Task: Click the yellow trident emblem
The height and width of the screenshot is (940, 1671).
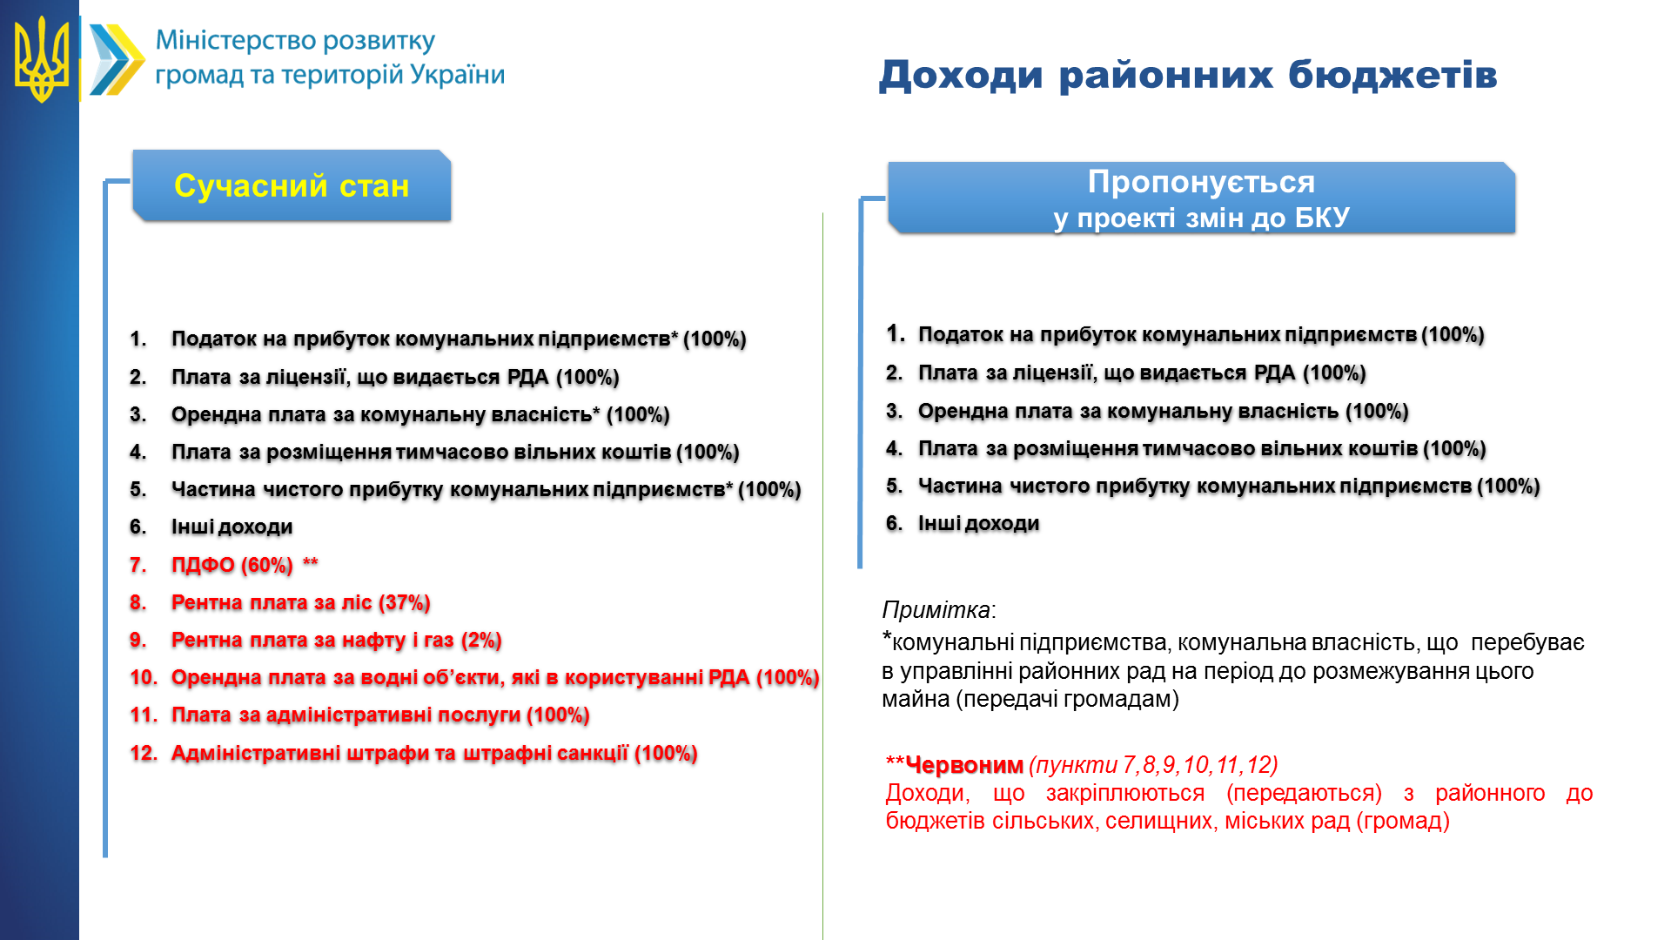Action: click(41, 59)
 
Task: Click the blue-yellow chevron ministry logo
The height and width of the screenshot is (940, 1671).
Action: click(117, 59)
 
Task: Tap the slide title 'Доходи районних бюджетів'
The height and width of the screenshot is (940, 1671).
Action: click(1188, 75)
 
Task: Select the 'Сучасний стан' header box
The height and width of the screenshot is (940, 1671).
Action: click(292, 185)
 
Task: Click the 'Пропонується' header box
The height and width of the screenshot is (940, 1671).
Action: click(1201, 198)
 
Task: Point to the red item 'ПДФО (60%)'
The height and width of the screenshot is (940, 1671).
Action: click(232, 565)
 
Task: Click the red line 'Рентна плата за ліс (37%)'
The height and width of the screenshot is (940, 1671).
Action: click(300, 602)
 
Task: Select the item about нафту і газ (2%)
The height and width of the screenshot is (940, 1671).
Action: click(336, 640)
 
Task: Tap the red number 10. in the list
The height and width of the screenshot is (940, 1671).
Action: click(144, 677)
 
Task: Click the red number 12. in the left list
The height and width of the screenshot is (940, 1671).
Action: click(144, 753)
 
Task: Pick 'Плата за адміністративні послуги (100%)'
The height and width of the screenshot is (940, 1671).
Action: click(380, 715)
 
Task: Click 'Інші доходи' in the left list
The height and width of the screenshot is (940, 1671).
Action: click(232, 527)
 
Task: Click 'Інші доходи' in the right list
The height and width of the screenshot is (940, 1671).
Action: click(978, 523)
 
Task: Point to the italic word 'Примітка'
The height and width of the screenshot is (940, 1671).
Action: click(936, 609)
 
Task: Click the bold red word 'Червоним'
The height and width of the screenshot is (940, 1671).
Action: click(964, 765)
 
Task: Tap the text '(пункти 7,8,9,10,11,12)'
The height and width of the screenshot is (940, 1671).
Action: click(1153, 765)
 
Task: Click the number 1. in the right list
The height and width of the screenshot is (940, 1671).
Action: click(896, 333)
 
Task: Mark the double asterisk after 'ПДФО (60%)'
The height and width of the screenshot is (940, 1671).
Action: click(311, 562)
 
